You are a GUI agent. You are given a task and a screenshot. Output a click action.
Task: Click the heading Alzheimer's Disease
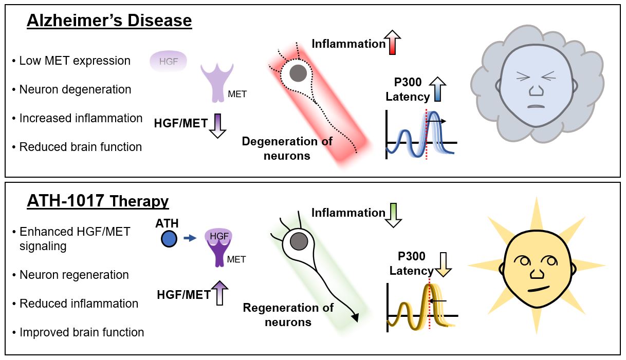(109, 21)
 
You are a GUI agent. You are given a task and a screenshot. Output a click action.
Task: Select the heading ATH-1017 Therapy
(98, 201)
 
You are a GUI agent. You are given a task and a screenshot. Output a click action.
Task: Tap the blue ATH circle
(169, 239)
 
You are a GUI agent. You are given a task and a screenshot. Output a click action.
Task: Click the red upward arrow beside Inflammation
(395, 43)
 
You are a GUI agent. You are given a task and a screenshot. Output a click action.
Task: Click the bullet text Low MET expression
(75, 61)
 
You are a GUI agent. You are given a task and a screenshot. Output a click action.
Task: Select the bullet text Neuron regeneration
(74, 275)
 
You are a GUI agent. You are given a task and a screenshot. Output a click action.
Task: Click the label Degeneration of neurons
(287, 148)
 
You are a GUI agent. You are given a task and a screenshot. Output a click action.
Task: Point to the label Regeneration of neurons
(288, 315)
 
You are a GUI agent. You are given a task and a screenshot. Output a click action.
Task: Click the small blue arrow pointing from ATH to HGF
(190, 238)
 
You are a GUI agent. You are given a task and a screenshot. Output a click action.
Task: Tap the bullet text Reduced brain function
(80, 147)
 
